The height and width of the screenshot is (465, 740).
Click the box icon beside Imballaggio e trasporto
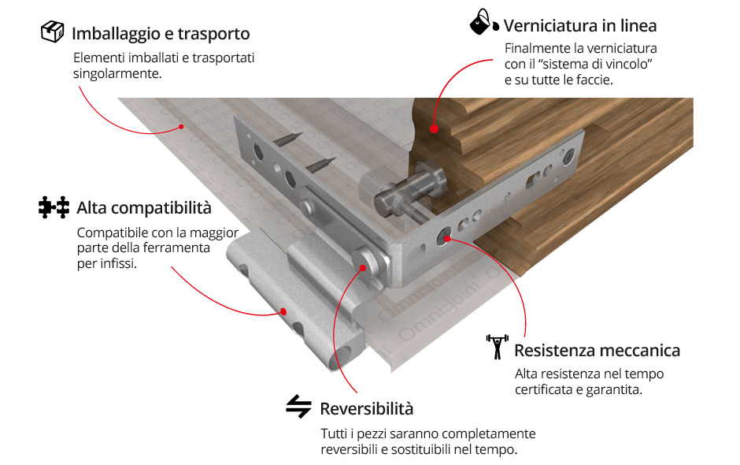pyautogui.click(x=53, y=32)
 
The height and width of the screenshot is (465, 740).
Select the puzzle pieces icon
pyautogui.click(x=54, y=207)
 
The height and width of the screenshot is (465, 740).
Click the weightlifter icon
pyautogui.click(x=497, y=347)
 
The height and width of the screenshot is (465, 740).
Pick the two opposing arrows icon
pyautogui.click(x=298, y=407)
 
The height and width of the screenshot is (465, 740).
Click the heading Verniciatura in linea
pyautogui.click(x=580, y=25)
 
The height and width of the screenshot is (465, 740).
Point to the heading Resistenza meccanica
pyautogui.click(x=597, y=351)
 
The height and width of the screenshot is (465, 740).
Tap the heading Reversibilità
pyautogui.click(x=367, y=409)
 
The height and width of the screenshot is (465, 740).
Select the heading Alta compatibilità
pyautogui.click(x=144, y=208)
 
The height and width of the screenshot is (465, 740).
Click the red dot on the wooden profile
pyautogui.click(x=435, y=128)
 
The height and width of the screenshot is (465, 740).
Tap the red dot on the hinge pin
pyautogui.click(x=362, y=268)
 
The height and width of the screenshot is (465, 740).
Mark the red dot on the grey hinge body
pyautogui.click(x=283, y=311)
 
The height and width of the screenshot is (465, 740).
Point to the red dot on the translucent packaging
pyautogui.click(x=181, y=127)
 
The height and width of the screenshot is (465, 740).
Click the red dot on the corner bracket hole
pyautogui.click(x=447, y=239)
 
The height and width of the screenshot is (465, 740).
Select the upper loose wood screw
pyautogui.click(x=287, y=139)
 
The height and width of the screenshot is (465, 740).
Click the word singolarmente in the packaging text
pyautogui.click(x=117, y=74)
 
